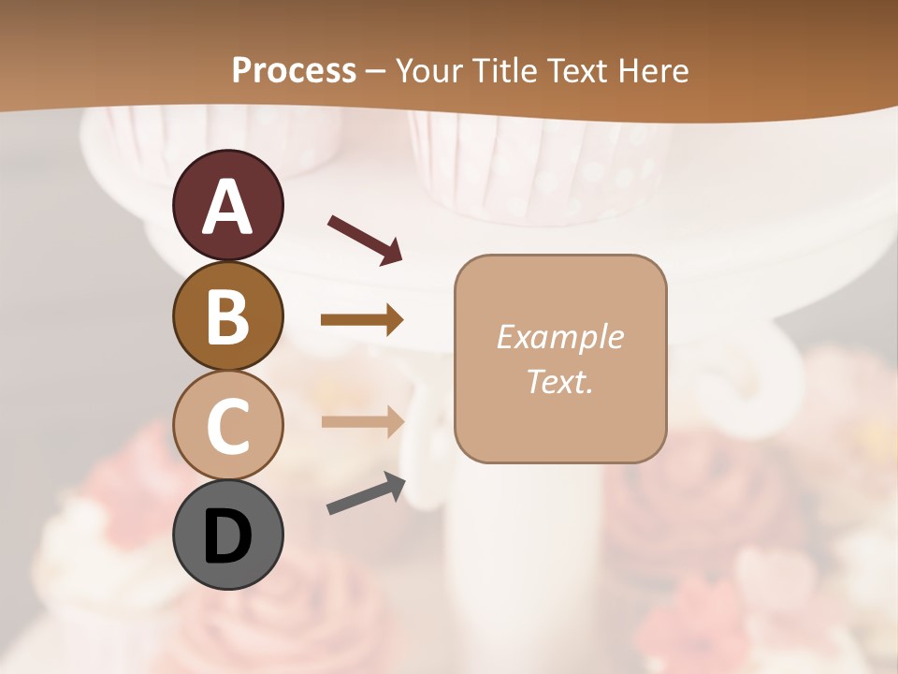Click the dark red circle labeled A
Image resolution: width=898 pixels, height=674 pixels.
(x=227, y=205)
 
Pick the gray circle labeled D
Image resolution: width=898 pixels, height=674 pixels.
(x=227, y=535)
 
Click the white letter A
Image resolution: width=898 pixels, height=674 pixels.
(x=227, y=207)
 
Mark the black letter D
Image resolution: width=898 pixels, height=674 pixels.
(x=227, y=537)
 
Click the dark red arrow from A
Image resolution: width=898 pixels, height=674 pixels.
(x=365, y=239)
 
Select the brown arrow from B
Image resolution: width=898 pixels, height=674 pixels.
(x=362, y=320)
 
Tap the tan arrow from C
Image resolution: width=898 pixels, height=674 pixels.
(x=362, y=421)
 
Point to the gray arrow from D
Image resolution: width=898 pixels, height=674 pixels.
(x=366, y=493)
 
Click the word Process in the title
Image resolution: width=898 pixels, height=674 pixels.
(x=294, y=71)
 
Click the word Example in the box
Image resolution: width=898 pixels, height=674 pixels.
(x=559, y=337)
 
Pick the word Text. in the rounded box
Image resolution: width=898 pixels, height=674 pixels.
(x=559, y=381)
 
